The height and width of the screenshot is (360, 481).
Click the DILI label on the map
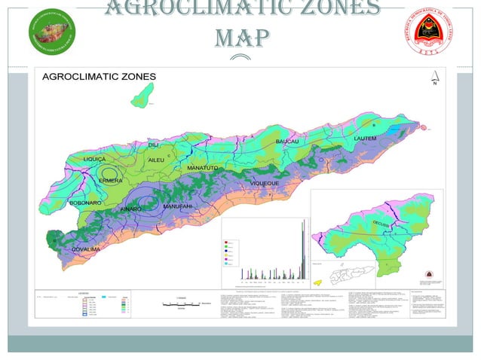click(154, 144)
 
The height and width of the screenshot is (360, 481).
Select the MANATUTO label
click(203, 167)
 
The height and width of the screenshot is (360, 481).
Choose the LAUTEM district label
click(365, 139)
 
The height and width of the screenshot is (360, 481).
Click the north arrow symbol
click(434, 78)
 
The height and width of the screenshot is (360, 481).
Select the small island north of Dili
click(141, 95)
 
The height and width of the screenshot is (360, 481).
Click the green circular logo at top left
click(53, 30)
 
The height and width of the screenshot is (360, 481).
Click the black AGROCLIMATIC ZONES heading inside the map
click(99, 76)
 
